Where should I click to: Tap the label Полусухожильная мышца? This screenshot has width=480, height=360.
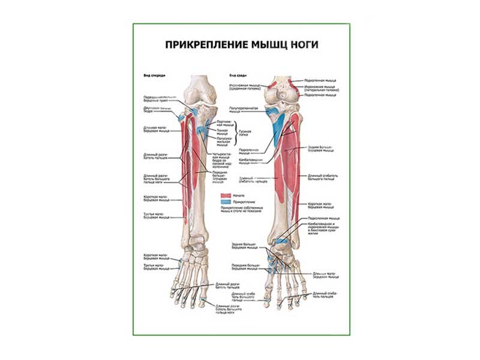(223, 141)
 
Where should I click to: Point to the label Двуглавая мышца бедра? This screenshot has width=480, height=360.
(152, 109)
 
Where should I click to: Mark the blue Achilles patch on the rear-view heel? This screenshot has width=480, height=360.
(281, 244)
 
